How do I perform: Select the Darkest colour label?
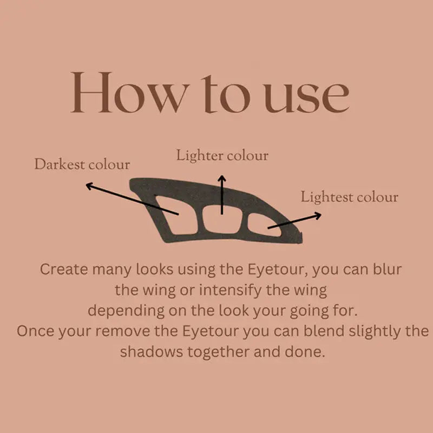click(82, 165)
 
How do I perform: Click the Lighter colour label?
click(222, 156)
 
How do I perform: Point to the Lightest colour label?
click(349, 197)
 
